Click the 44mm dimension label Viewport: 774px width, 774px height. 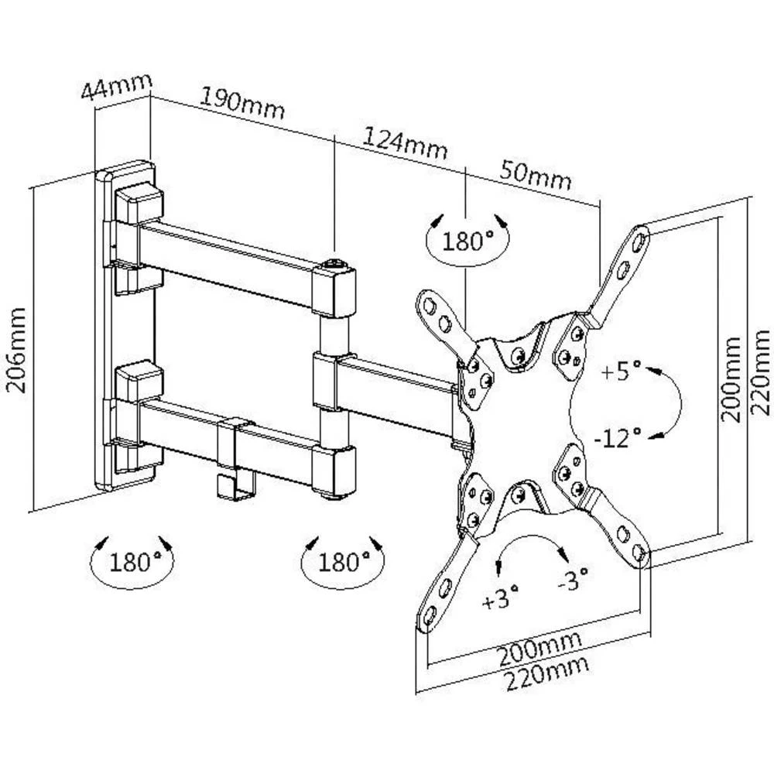[x=116, y=87]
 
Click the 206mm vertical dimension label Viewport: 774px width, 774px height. [x=16, y=350]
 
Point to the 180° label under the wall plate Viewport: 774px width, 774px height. [x=132, y=561]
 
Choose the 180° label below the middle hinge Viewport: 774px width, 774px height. [x=343, y=561]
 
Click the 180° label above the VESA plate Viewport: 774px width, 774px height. [x=467, y=241]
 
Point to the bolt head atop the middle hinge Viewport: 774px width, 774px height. [x=335, y=265]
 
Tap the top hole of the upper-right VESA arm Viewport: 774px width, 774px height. [x=639, y=241]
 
